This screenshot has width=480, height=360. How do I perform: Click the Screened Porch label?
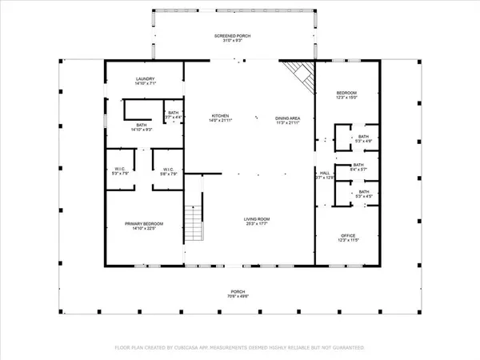coord(234,37)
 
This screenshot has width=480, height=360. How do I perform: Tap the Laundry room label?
coord(145,78)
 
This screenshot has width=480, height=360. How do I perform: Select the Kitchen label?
coord(220,116)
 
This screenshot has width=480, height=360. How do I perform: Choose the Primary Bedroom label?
coord(143,223)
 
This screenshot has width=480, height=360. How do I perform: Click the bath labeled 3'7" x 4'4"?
coord(174,114)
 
